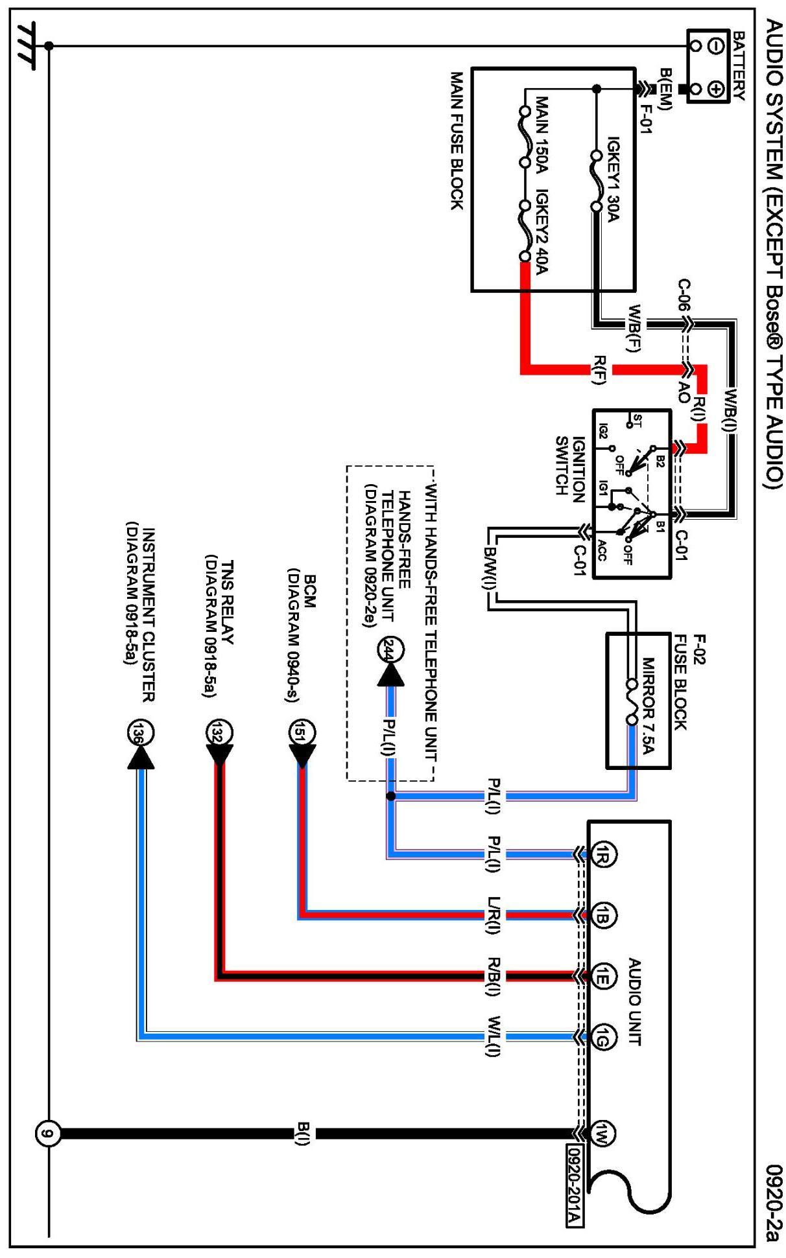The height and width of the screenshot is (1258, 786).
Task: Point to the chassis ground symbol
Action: [27, 45]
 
